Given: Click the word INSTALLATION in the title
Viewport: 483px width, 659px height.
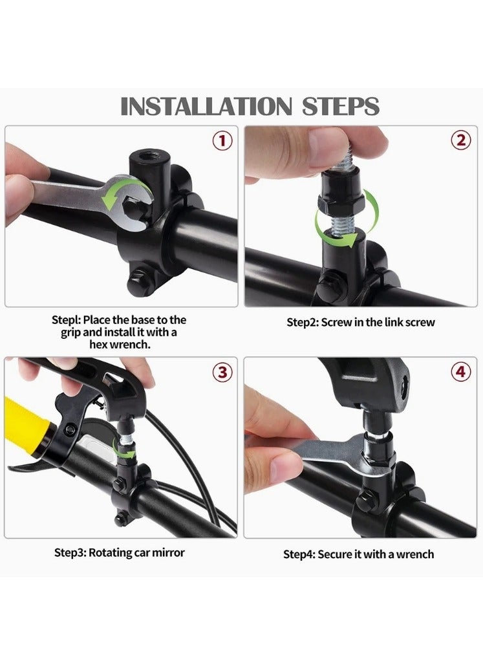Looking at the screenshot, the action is (206, 106).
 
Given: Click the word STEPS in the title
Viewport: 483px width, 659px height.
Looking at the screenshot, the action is (341, 106).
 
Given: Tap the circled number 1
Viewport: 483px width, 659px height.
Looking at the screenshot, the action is (222, 141).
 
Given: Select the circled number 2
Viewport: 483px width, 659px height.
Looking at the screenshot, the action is (461, 140).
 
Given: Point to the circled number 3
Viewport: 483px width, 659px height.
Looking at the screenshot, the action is (222, 373).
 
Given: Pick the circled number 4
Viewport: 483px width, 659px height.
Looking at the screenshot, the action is (461, 371).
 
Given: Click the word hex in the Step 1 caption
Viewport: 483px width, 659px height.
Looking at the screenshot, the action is (98, 345).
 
